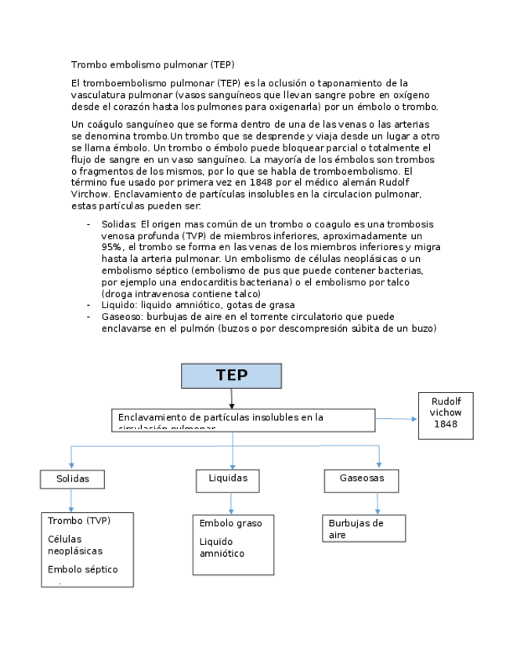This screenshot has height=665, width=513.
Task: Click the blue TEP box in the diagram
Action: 231,376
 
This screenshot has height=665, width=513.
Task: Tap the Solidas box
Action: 72,478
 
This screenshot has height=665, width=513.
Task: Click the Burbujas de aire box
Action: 363,529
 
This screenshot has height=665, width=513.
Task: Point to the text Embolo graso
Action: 230,523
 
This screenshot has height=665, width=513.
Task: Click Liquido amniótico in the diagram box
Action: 222,547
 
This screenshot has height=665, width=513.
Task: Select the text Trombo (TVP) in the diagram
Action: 78,521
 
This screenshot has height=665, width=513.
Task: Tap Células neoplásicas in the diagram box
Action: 74,545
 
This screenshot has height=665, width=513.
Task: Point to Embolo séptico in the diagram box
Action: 82,569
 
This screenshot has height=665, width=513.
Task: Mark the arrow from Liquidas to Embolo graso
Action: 231,503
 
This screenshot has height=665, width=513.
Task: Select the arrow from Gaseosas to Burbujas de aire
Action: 378,503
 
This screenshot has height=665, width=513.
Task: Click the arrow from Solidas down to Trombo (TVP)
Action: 71,500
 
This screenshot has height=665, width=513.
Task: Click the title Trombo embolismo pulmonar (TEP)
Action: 153,64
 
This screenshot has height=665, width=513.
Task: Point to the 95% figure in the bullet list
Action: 111,247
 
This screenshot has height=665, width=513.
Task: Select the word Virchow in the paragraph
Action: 92,194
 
